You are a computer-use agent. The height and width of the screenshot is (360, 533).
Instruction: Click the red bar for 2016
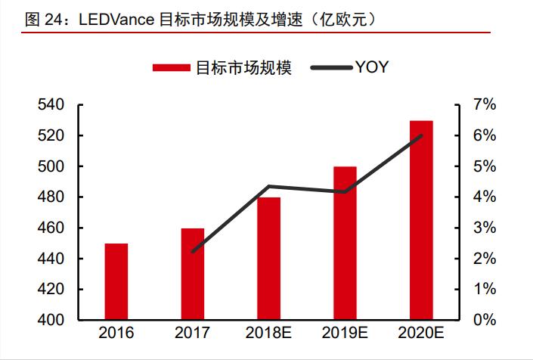tap(116, 281)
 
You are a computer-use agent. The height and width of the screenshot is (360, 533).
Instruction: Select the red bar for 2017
tap(192, 274)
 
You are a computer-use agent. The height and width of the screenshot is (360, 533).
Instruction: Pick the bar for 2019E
tap(345, 243)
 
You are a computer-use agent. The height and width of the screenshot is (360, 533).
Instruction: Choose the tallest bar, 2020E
tap(421, 220)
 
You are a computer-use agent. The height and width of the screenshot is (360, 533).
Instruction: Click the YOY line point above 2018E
tap(268, 186)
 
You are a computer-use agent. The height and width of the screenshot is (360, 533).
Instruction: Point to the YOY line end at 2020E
tap(421, 135)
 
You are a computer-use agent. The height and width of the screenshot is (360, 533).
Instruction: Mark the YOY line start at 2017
tap(192, 251)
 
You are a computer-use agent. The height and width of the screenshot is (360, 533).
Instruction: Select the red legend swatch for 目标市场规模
tap(172, 68)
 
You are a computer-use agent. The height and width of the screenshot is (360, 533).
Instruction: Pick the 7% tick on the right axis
tap(484, 105)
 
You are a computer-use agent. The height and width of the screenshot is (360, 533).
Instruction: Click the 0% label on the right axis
tap(484, 320)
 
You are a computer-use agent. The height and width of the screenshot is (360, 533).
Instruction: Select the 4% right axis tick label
tap(484, 197)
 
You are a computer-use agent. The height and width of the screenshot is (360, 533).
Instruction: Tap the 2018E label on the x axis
tap(268, 334)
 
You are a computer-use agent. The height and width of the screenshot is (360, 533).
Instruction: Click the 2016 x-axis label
tap(116, 334)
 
